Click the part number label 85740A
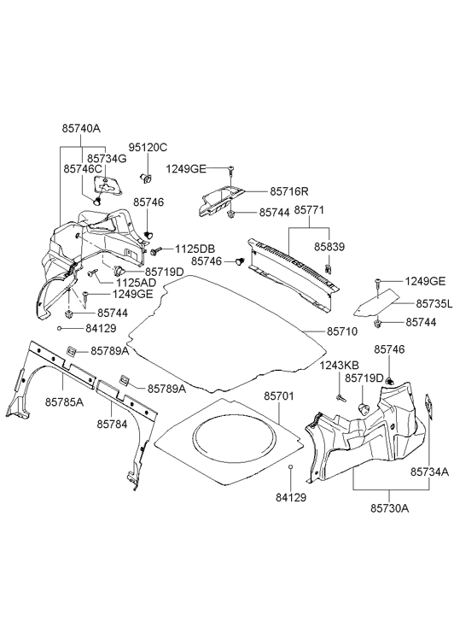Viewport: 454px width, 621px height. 81,128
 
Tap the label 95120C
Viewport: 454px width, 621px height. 148,147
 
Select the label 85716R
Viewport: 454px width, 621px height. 289,191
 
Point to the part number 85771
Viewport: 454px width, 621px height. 309,210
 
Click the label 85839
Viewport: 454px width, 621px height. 329,247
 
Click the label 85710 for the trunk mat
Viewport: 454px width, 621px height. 342,331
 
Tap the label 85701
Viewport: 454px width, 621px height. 279,395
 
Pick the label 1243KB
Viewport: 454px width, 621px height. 339,365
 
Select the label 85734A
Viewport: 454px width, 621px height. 429,472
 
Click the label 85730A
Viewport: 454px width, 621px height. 390,508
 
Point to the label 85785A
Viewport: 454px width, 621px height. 64,402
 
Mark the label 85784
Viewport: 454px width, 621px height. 113,425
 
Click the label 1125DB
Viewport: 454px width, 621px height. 195,249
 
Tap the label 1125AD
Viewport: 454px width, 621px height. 137,283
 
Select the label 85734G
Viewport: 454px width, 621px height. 107,158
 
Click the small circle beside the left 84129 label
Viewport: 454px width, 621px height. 59,328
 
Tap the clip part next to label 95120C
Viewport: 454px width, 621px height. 147,178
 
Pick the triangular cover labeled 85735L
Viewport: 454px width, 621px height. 376,303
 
